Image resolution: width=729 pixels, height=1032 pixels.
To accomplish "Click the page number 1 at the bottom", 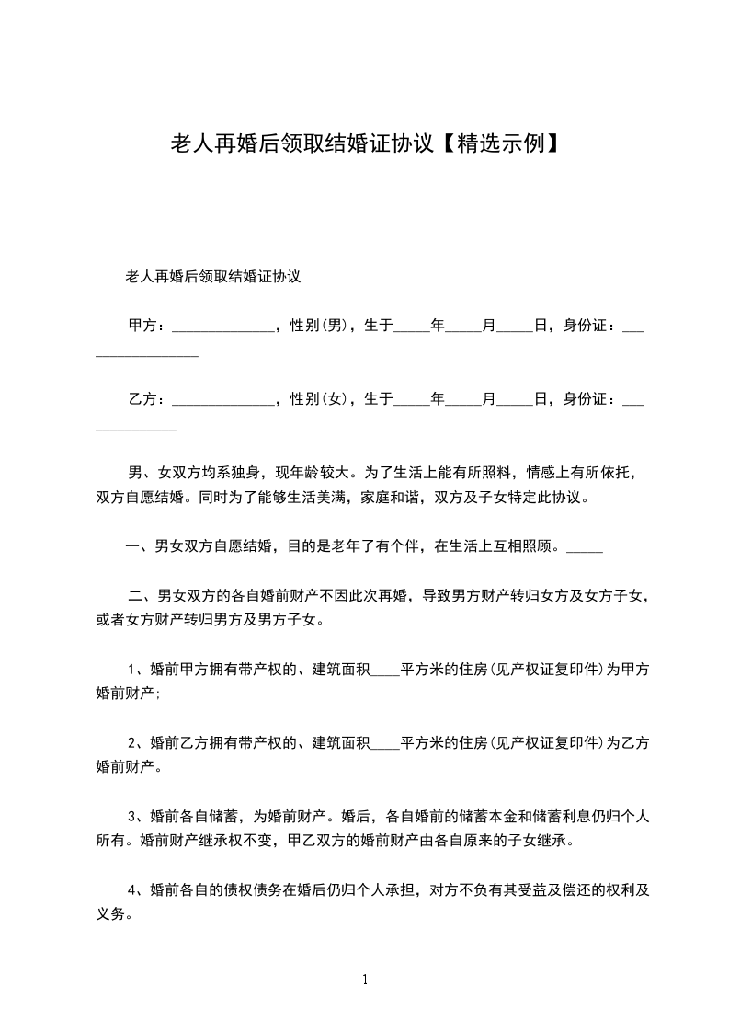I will (365, 980).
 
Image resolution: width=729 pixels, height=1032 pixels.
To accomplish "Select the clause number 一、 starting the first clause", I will (139, 546).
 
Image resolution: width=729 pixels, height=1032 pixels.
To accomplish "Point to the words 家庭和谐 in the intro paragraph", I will (393, 499).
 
